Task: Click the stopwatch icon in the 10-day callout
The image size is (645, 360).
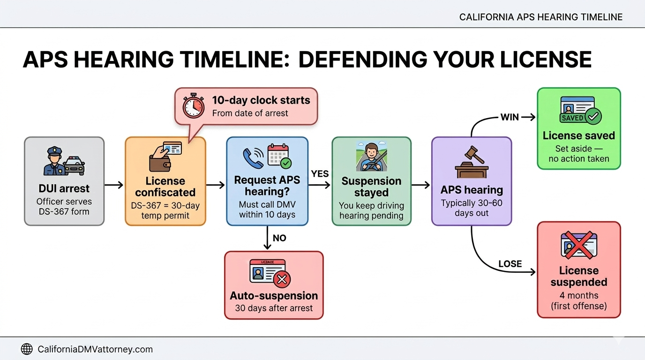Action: [194, 106]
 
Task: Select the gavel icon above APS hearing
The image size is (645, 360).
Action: [471, 162]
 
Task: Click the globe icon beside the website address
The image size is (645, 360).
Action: [27, 349]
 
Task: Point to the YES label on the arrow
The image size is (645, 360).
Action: [320, 174]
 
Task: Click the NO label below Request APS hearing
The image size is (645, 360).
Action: [279, 238]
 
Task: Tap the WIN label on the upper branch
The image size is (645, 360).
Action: [510, 117]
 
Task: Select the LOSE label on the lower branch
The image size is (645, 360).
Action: [510, 264]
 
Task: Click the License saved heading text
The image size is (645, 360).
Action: [578, 136]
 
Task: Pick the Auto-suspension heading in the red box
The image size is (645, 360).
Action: [274, 296]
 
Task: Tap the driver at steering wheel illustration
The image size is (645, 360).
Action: [371, 157]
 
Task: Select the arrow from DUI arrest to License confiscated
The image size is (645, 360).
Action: [114, 186]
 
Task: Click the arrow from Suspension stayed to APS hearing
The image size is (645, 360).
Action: [420, 186]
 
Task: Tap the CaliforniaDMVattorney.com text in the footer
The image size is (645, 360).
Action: [95, 349]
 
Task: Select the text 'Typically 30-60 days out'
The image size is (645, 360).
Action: [471, 208]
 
